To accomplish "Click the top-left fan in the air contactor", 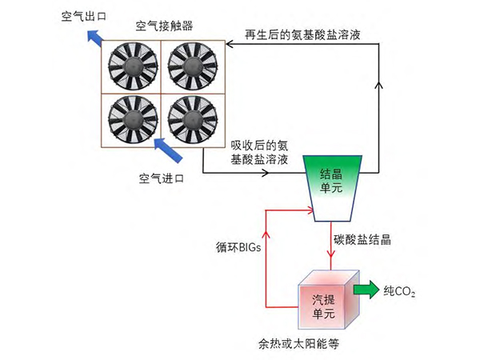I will (x=131, y=66).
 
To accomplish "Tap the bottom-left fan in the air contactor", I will (x=131, y=120).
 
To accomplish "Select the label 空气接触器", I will (x=162, y=26).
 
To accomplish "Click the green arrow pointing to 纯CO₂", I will (x=368, y=289).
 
